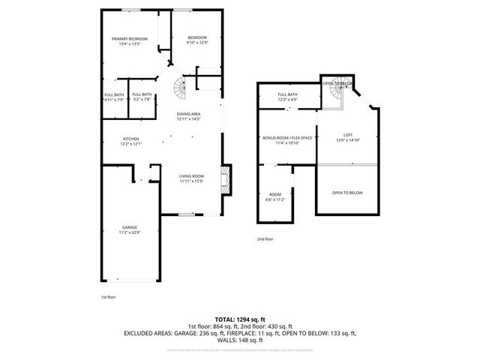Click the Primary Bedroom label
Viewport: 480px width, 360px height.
(129, 42)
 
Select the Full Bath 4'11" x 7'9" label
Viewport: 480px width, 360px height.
(113, 97)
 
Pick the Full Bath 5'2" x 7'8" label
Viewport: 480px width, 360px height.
(142, 97)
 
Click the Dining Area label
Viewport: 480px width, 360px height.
(189, 116)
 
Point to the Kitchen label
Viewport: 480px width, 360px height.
(131, 141)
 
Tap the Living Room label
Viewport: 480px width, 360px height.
(191, 178)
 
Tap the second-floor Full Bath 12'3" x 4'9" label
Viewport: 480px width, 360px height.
(288, 97)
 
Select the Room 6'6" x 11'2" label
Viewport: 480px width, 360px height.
(276, 197)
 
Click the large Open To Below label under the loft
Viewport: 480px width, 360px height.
(346, 193)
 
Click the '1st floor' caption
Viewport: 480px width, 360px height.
(109, 297)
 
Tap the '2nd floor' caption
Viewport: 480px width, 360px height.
(265, 239)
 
